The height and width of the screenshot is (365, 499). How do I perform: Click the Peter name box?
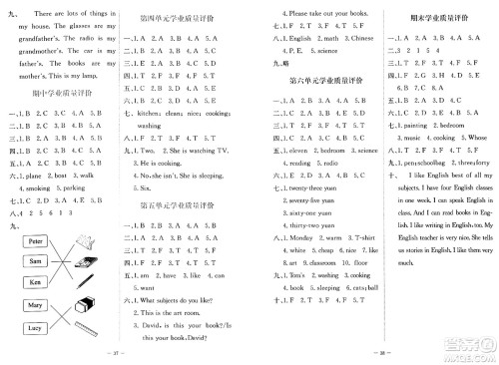pos(34,241)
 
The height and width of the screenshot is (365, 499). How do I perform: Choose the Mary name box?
pos(34,304)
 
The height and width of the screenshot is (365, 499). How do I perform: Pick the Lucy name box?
pos(34,328)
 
